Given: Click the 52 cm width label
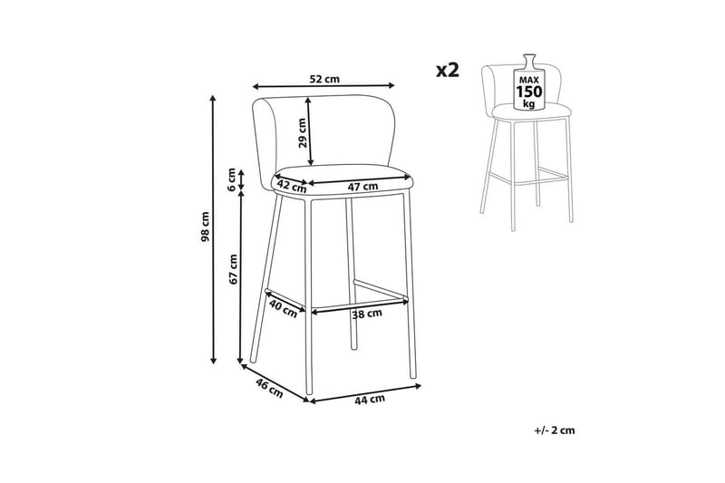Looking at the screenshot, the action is pyautogui.click(x=324, y=79).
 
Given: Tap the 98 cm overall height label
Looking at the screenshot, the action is pyautogui.click(x=206, y=227).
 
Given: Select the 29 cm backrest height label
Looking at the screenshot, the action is pyautogui.click(x=302, y=132).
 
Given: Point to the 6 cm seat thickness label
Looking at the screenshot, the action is pyautogui.click(x=232, y=177).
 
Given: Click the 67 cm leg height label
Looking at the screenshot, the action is pyautogui.click(x=234, y=269).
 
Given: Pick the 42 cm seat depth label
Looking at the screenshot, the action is pyautogui.click(x=292, y=186).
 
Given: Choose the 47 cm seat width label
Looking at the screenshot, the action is pyautogui.click(x=362, y=187).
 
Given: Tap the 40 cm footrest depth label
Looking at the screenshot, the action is pyautogui.click(x=283, y=308).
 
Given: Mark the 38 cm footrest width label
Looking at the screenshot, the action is pyautogui.click(x=367, y=314).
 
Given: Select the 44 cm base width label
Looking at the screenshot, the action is pyautogui.click(x=370, y=399).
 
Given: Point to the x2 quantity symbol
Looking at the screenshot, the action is pyautogui.click(x=448, y=71).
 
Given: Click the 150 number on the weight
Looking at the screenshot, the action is pyautogui.click(x=529, y=91).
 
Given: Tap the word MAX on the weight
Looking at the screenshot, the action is pyautogui.click(x=529, y=80).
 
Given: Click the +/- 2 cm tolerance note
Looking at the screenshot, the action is pyautogui.click(x=555, y=430).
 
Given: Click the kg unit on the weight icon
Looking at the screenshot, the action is pyautogui.click(x=529, y=103).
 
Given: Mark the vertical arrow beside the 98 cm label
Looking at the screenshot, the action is pyautogui.click(x=213, y=229).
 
